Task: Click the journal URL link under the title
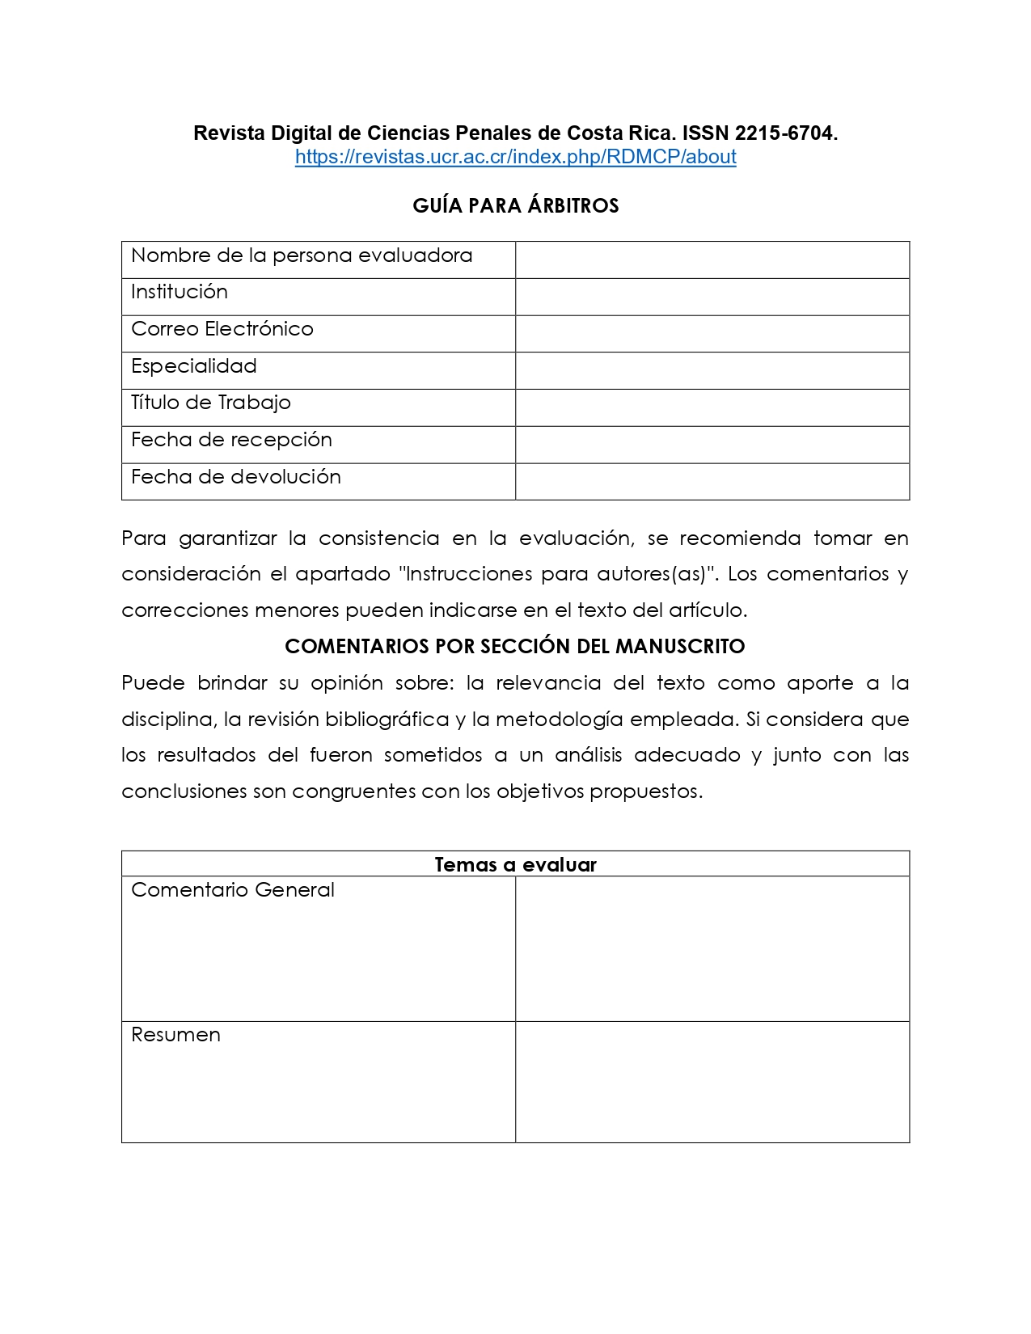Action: pos(515,157)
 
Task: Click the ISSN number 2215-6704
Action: pos(784,133)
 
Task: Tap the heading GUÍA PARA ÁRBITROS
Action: pos(515,206)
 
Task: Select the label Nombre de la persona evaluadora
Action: pos(302,255)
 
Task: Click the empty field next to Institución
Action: pos(712,297)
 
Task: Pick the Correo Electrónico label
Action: pos(222,329)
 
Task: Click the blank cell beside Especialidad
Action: pos(712,370)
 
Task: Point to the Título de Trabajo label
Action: pos(211,403)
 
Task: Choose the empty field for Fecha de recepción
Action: pos(712,445)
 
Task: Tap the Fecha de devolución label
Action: pos(236,477)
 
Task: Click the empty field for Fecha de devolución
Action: pos(712,481)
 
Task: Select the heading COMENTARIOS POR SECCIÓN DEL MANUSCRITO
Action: pos(515,647)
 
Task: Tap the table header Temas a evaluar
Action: pos(515,864)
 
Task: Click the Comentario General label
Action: pos(233,890)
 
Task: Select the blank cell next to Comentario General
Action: pos(712,948)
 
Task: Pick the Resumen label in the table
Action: pos(175,1035)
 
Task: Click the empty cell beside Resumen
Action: pos(712,1082)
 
